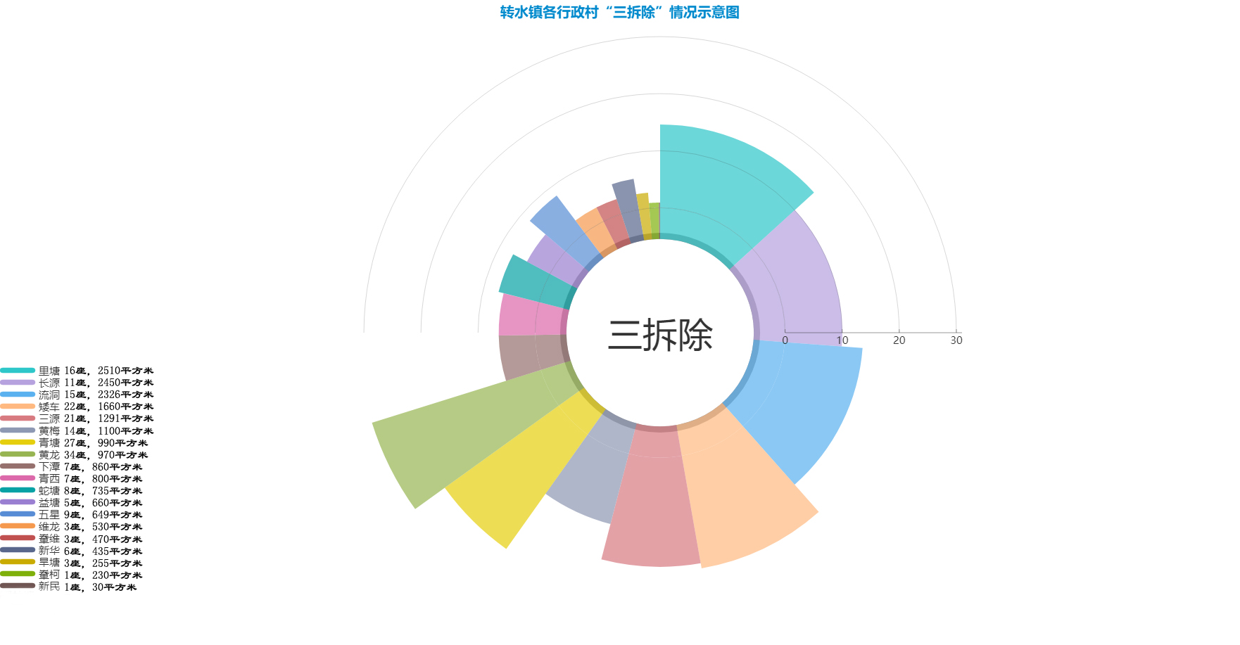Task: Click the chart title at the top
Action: tap(619, 13)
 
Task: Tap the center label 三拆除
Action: tap(660, 335)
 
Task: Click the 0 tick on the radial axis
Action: tap(785, 340)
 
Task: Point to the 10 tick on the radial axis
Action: tap(842, 340)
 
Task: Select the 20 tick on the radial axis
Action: tap(899, 340)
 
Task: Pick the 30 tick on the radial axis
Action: tap(956, 340)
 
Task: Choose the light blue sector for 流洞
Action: tap(802, 408)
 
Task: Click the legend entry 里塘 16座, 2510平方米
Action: tap(77, 371)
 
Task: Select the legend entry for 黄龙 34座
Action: tap(74, 455)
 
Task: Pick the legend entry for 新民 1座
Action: tap(68, 587)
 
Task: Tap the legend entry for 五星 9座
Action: tap(71, 515)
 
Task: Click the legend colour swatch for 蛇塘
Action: tap(18, 490)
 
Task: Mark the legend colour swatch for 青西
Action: tap(18, 478)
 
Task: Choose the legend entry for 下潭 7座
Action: tap(71, 467)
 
